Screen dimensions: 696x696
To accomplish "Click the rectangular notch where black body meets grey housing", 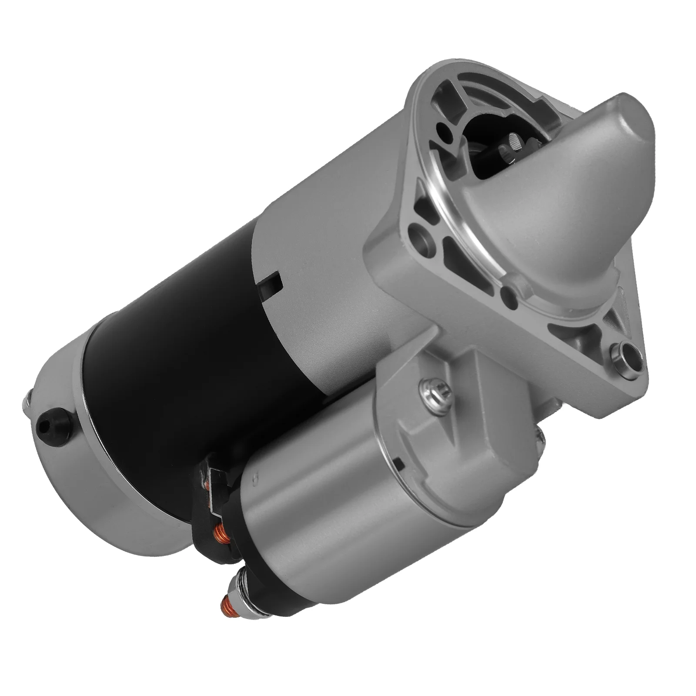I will [x=271, y=285].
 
